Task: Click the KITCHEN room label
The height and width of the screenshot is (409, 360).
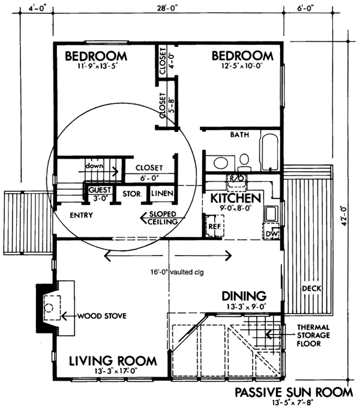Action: tap(235, 199)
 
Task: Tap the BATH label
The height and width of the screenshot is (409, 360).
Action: tap(239, 135)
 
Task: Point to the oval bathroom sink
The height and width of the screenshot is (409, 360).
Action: tap(221, 163)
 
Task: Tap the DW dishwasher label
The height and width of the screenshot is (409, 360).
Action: tap(272, 234)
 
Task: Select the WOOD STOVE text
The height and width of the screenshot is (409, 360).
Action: tap(102, 316)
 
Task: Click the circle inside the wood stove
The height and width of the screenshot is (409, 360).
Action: tap(49, 308)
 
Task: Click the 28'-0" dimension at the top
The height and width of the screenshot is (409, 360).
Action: tap(167, 8)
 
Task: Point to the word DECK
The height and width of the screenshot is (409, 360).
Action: tap(311, 288)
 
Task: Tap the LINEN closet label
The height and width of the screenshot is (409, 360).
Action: tap(162, 193)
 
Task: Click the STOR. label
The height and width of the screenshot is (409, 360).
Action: tap(132, 194)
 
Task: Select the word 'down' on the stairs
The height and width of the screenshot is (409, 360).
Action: tap(94, 166)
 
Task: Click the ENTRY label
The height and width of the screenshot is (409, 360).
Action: tap(82, 215)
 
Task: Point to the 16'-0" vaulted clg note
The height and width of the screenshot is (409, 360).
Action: tap(177, 272)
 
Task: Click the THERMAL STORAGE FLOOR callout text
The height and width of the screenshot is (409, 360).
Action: tap(313, 335)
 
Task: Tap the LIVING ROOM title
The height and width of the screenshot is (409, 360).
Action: tap(113, 361)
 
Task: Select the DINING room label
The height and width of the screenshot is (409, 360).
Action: tap(244, 296)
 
